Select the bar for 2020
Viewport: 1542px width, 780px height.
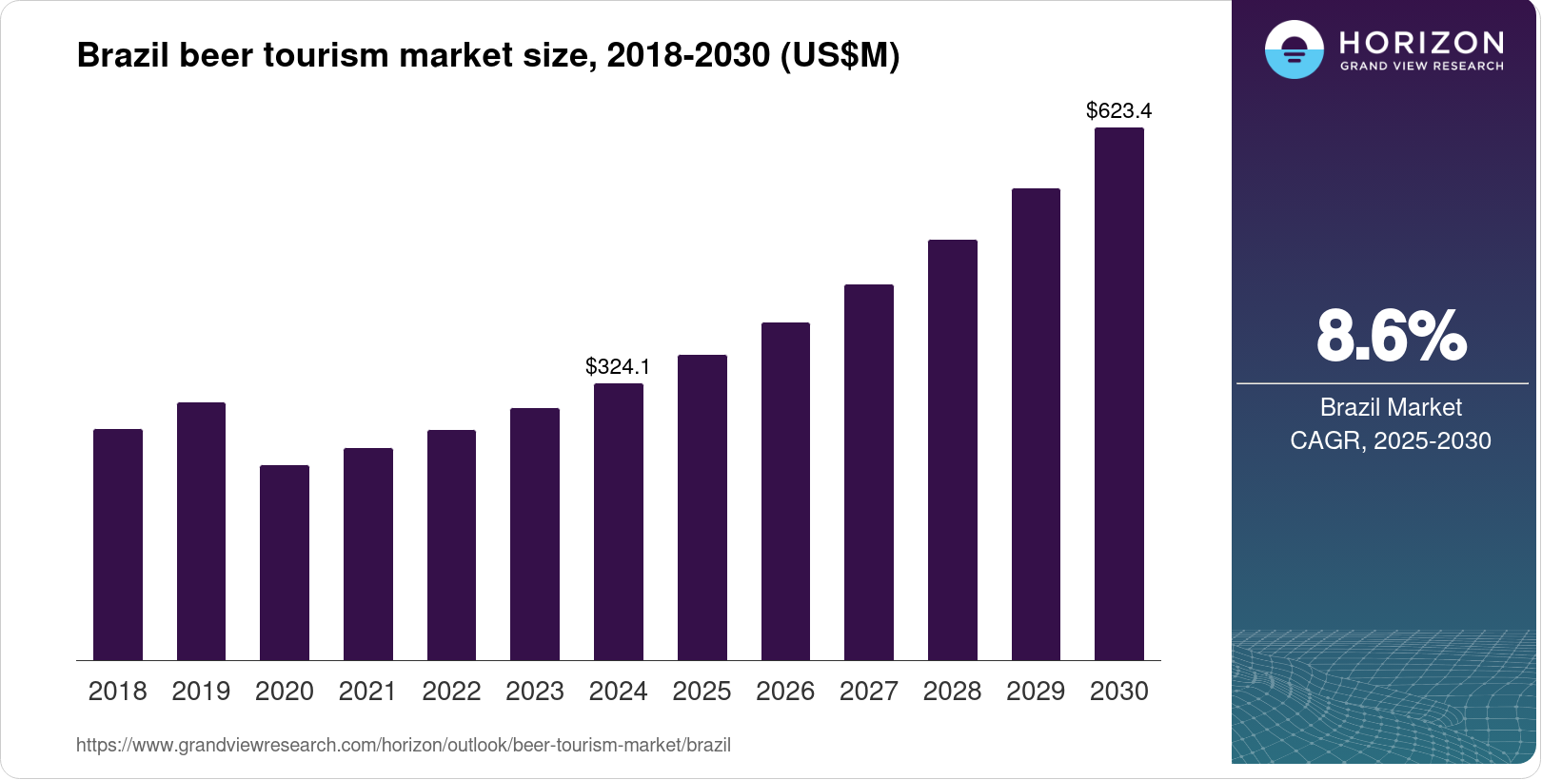tap(285, 562)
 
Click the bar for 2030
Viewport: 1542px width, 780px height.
tap(1119, 394)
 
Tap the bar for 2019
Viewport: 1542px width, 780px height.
tap(201, 531)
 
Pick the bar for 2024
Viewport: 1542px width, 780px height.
tap(619, 521)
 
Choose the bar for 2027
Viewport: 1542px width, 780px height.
tap(869, 472)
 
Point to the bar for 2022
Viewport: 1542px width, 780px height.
tap(451, 545)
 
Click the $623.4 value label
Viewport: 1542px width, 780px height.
tap(1118, 111)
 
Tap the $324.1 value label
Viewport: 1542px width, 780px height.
tap(618, 367)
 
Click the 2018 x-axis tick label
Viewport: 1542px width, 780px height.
tap(117, 692)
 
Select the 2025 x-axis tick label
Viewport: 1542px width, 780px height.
tap(702, 692)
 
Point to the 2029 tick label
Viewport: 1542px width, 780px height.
tap(1036, 692)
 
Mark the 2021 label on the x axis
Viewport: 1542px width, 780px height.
tap(367, 692)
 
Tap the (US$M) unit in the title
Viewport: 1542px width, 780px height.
tap(840, 55)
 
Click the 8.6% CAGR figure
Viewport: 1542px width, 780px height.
tap(1391, 337)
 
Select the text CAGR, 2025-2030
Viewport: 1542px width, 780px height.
tap(1391, 440)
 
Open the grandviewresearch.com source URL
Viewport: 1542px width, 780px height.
tap(404, 746)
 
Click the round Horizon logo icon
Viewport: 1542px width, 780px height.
tap(1294, 49)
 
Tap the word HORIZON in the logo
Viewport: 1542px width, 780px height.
tap(1421, 42)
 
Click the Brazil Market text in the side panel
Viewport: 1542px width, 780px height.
tap(1391, 407)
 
